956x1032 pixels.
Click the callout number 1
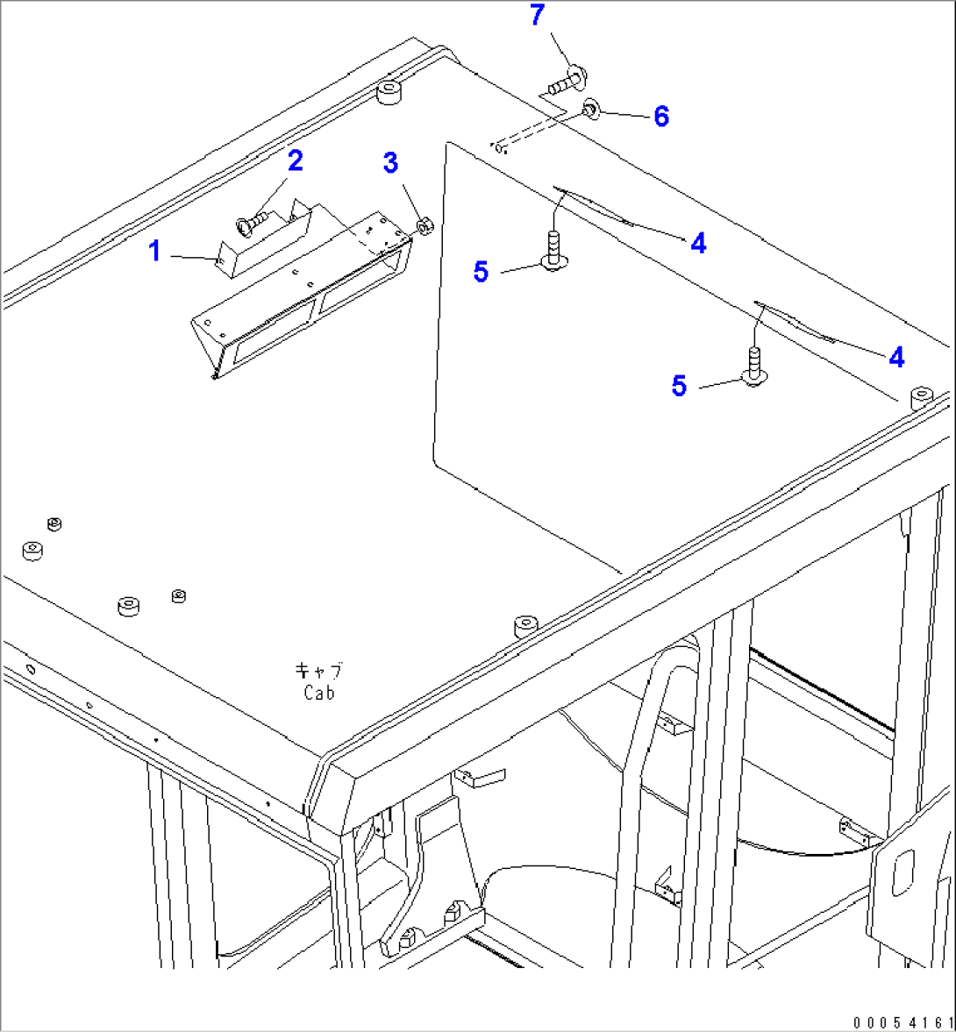[x=154, y=251]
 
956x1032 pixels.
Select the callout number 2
[x=295, y=160]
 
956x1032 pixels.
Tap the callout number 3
[x=390, y=162]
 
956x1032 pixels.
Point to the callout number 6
[x=661, y=117]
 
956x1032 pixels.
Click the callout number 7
[x=538, y=15]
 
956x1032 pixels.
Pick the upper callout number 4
[x=698, y=244]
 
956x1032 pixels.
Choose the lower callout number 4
[x=896, y=358]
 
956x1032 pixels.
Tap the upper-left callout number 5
[x=481, y=272]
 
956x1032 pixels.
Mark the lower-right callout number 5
[x=679, y=386]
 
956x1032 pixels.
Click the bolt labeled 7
[x=568, y=81]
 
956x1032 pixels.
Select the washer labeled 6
[x=591, y=110]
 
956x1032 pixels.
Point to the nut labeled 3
[x=424, y=226]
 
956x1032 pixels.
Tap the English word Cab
[x=319, y=693]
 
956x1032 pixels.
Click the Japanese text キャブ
[x=318, y=671]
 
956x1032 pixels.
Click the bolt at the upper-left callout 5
[x=553, y=251]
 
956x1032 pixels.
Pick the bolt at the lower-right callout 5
[x=754, y=366]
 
